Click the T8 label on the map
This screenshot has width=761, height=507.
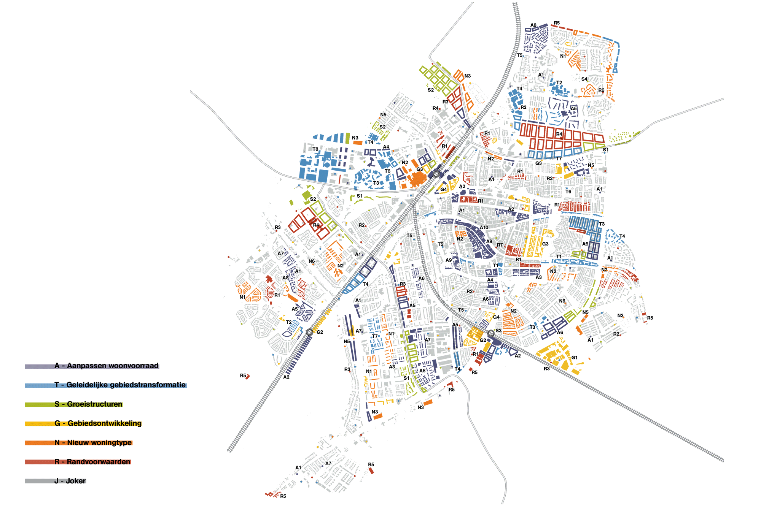coord(315,149)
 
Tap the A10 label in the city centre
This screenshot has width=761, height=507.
coord(484,228)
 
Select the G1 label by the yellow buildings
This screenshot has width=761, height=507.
coord(574,358)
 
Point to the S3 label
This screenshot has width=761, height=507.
coord(498,331)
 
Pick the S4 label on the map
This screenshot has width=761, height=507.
coord(584,79)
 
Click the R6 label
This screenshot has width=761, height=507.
coord(601,90)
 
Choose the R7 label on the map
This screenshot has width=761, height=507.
coord(500,245)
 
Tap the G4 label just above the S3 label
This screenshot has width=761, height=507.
coord(496,317)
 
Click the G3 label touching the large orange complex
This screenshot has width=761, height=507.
coord(420,170)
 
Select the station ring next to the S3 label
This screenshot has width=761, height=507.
coord(491,334)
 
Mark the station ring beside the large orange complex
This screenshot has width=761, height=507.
coord(436,174)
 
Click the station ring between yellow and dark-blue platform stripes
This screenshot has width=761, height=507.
coord(309,332)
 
